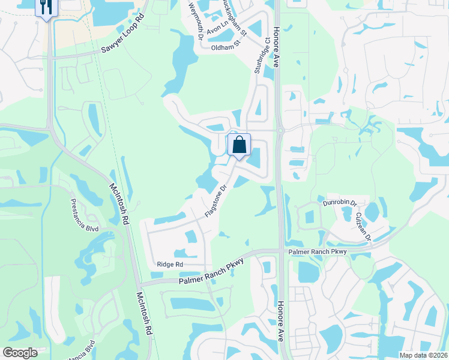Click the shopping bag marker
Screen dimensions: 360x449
tap(239, 145)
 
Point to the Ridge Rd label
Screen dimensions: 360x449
tap(169, 265)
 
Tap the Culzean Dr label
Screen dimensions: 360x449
tap(364, 226)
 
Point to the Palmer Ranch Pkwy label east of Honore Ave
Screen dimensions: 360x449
tap(317, 251)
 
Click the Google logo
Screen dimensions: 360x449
tap(20, 353)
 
